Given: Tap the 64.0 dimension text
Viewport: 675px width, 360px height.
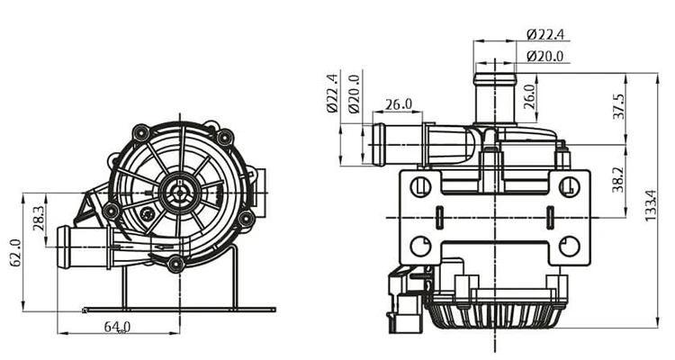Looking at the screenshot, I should coord(116,327).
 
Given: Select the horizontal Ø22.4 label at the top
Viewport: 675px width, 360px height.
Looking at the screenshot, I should coord(545,35).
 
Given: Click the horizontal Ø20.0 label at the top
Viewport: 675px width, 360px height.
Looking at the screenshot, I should coord(545,56).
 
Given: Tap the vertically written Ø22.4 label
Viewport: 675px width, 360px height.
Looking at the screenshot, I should coord(332,93).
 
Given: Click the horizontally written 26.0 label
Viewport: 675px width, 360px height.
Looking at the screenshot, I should coord(398,104).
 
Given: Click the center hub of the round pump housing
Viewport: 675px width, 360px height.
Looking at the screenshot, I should coord(181,191).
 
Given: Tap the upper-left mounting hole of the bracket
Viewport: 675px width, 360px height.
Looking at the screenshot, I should coord(420,187).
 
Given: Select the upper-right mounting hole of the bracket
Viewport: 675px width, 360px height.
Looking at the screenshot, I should coord(568,186).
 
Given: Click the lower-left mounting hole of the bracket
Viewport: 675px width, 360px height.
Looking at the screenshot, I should coord(420,246).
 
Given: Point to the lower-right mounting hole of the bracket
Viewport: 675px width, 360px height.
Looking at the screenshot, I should coord(568,245).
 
